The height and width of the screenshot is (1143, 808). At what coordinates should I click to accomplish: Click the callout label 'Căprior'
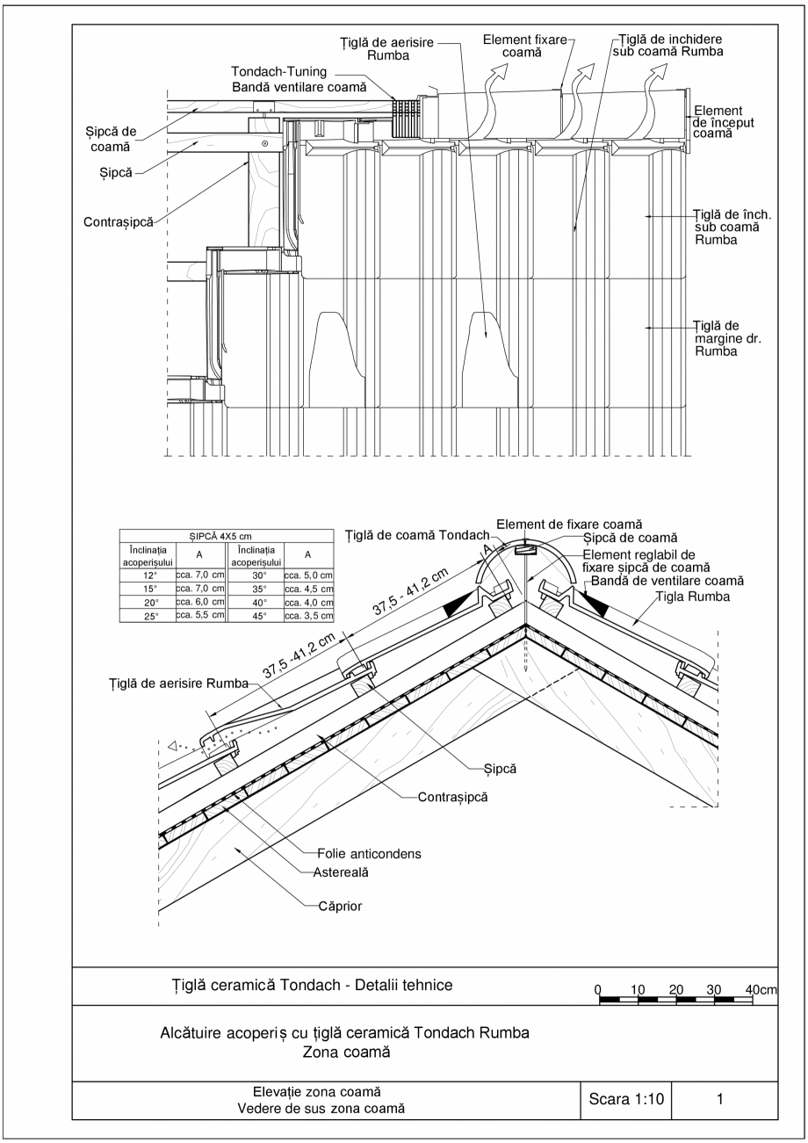coord(339,905)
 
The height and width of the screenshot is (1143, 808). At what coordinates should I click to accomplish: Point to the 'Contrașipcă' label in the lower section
coord(452,797)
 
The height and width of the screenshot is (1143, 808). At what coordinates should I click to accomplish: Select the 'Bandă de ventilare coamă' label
coord(667,581)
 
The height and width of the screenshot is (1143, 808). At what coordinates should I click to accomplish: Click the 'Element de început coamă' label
coord(718,122)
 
